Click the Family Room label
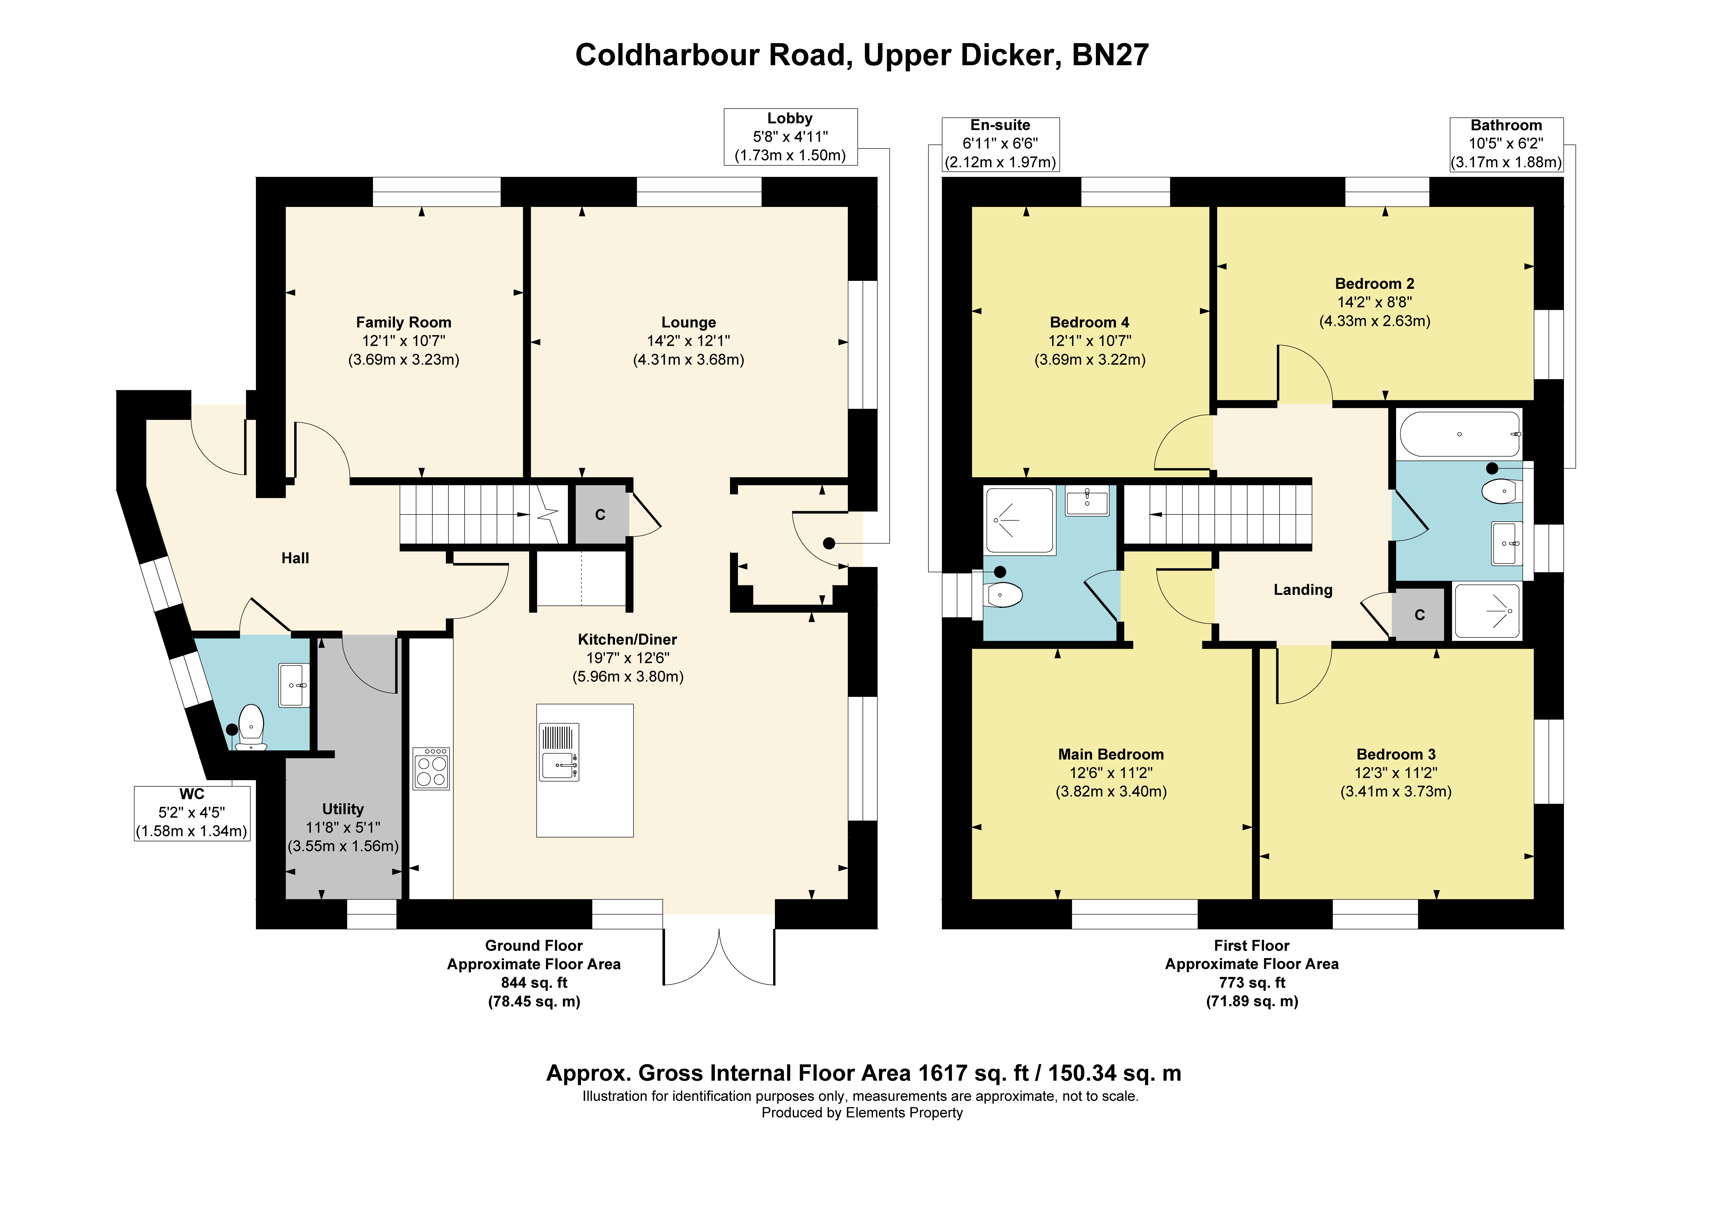click(404, 322)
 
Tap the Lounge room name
click(688, 322)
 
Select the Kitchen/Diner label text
click(627, 640)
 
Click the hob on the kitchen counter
click(431, 768)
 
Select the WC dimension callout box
click(192, 813)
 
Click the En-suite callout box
click(1001, 144)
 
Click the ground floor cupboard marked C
click(601, 514)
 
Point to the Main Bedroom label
click(1111, 754)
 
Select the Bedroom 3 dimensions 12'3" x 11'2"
click(1396, 773)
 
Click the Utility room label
click(343, 809)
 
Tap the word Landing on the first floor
click(1303, 590)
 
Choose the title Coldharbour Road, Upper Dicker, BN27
click(862, 55)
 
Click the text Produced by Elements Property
click(862, 1113)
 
